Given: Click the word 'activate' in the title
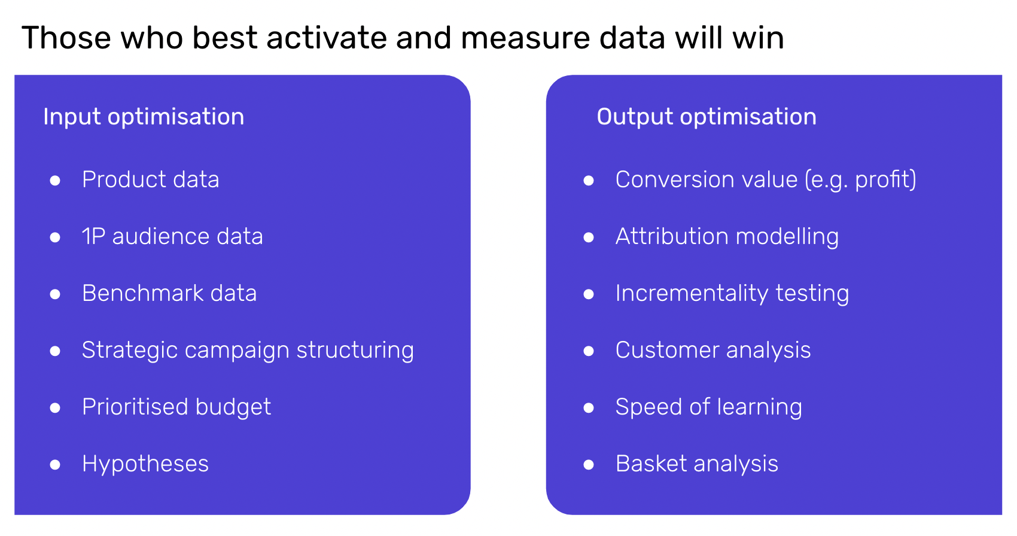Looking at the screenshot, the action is coord(327,38).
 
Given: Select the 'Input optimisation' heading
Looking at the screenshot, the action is coord(144,117).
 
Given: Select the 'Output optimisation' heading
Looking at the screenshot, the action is coord(707,117).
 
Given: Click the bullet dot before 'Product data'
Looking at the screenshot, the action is coord(56,181).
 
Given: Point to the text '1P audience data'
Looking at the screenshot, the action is coord(172,236).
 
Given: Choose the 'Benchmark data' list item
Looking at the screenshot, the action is coord(169,293).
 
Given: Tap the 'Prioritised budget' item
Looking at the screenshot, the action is coord(176,407).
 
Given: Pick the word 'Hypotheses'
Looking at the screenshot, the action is coord(145,464).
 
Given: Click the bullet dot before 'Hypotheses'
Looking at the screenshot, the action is coord(56,465).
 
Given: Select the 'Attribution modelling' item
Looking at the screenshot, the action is coord(727,237).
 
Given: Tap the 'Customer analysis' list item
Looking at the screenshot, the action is coord(713,351).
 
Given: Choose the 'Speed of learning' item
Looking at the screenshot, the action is coord(709,407).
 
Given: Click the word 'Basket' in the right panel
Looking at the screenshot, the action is coord(651,464).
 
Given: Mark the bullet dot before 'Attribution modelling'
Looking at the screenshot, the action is coord(589,237).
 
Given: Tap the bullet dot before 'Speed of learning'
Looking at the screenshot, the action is coord(589,407).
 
